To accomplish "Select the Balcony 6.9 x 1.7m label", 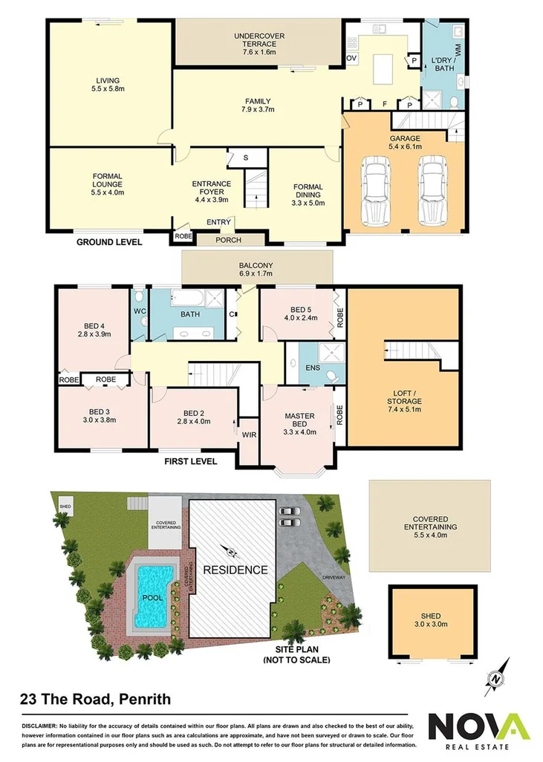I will [256, 270].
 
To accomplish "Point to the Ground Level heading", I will [108, 242].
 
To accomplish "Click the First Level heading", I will [190, 461].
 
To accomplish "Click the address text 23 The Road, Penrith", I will [94, 699].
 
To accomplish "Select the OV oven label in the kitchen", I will [352, 57].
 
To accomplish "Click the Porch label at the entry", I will [228, 240].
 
